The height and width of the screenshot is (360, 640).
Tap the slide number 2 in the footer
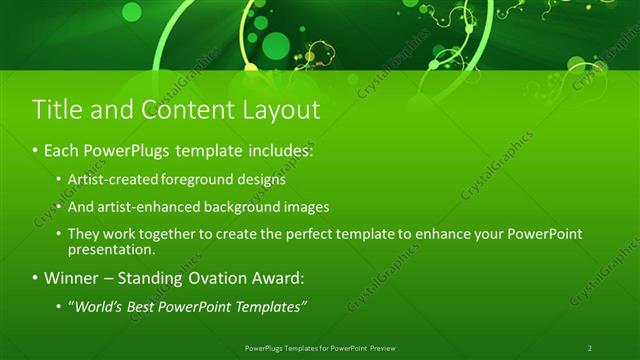point(590,347)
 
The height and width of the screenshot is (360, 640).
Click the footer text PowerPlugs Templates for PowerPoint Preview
point(320,347)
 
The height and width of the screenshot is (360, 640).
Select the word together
point(162,234)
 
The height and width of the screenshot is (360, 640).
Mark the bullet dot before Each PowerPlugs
point(35,152)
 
